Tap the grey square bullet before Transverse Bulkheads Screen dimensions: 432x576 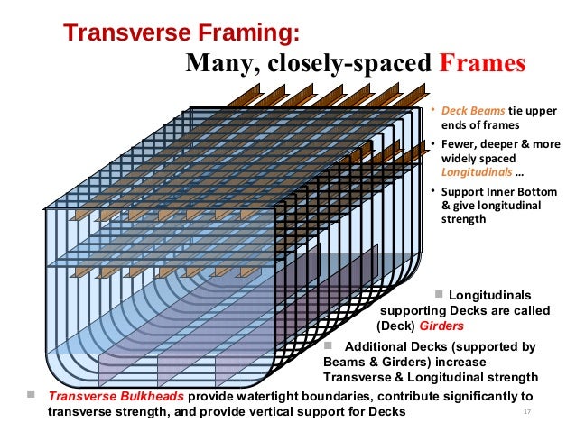point(31,396)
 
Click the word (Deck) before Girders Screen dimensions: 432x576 point(395,326)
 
